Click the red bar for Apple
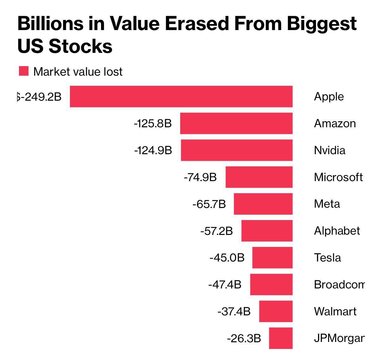pyautogui.click(x=181, y=96)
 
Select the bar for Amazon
pyautogui.click(x=236, y=123)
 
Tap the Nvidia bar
pyautogui.click(x=237, y=150)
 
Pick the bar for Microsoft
pyautogui.click(x=259, y=177)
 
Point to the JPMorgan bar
pyautogui.click(x=281, y=338)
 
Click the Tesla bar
pyautogui.click(x=272, y=258)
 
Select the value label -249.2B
pyautogui.click(x=40, y=96)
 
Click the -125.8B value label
pyautogui.click(x=153, y=123)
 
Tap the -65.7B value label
pyautogui.click(x=209, y=204)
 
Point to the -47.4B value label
pyautogui.click(x=225, y=285)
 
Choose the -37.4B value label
pyautogui.click(x=234, y=312)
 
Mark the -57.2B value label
pyautogui.click(x=216, y=231)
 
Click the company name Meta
pyautogui.click(x=327, y=204)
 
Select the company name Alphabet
pyautogui.click(x=337, y=231)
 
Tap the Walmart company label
pyautogui.click(x=335, y=311)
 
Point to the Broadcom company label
pyautogui.click(x=339, y=284)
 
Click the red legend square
pyautogui.click(x=24, y=71)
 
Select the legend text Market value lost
pyautogui.click(x=78, y=72)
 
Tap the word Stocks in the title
pyautogui.click(x=81, y=46)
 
